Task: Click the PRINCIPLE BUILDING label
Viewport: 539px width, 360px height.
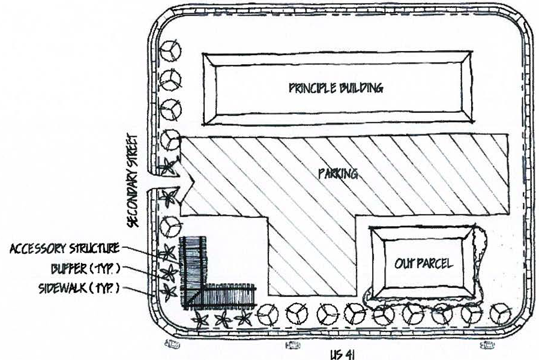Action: (336, 88)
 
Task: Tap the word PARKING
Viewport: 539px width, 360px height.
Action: (339, 174)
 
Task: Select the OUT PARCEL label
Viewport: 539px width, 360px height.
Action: (424, 264)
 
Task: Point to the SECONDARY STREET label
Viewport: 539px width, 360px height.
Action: (132, 181)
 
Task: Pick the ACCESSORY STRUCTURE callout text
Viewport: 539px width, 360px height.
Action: (65, 248)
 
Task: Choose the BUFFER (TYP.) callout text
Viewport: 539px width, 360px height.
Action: (86, 269)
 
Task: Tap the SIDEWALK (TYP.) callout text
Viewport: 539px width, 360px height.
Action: (79, 288)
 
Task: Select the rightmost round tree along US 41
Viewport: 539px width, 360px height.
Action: (501, 314)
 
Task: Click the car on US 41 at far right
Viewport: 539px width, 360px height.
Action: (487, 344)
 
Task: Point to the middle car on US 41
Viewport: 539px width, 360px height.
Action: (292, 344)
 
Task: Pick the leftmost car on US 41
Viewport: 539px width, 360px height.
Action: (172, 344)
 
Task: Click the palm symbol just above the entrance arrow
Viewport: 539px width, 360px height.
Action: (169, 166)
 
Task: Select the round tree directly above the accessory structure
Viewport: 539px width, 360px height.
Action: (170, 226)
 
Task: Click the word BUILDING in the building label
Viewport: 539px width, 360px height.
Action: (361, 88)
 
